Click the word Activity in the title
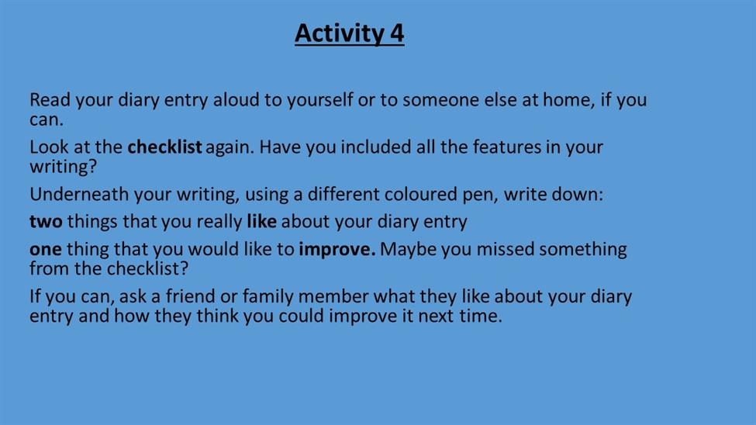[x=340, y=34]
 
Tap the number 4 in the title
[x=397, y=33]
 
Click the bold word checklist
[x=165, y=147]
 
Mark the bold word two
[x=46, y=222]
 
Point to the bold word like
[x=262, y=221]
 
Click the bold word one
[x=45, y=250]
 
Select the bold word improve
[x=337, y=250]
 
